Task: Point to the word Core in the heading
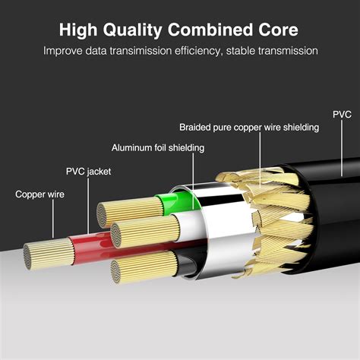coord(278,30)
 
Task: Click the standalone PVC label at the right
coord(342,115)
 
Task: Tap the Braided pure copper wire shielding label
coord(250,127)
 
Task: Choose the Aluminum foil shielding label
coord(157,147)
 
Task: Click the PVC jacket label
coord(88,172)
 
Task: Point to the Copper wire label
coord(39,194)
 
